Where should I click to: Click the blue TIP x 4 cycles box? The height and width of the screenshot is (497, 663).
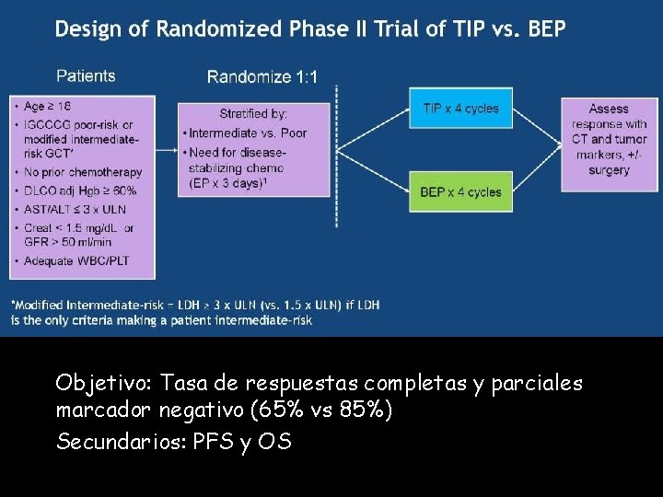click(x=460, y=109)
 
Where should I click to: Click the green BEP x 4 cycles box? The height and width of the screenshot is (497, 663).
click(x=460, y=191)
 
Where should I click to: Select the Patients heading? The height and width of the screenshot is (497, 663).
click(x=86, y=76)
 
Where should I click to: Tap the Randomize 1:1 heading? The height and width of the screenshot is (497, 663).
click(x=262, y=77)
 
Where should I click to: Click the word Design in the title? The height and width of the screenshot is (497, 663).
click(x=87, y=29)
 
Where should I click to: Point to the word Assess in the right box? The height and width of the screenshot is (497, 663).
click(x=609, y=109)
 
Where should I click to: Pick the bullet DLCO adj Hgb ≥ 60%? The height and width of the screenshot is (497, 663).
click(x=81, y=191)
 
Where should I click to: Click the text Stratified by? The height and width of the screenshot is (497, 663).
click(x=253, y=114)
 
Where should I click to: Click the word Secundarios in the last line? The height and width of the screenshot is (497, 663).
click(x=117, y=442)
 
